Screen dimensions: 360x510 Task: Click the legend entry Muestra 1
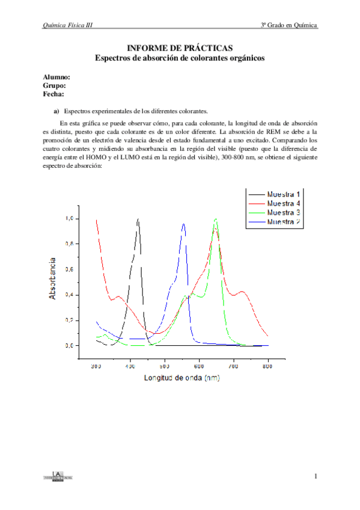(x=284, y=194)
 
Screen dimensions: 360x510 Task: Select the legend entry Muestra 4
(x=284, y=203)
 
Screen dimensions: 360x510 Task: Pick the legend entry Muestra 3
(x=284, y=213)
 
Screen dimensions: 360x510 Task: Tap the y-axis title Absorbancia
(x=53, y=278)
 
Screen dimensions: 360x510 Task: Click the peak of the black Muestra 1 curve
(x=138, y=220)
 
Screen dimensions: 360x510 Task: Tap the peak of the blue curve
(x=183, y=224)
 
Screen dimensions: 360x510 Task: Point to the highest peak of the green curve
(x=215, y=220)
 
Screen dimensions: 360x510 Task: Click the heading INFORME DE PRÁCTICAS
(x=180, y=48)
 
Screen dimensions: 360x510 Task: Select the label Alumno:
(x=57, y=78)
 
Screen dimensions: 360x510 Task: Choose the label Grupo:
(x=55, y=86)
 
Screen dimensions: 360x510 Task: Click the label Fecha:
(x=54, y=94)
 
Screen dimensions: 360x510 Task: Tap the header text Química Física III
(x=67, y=25)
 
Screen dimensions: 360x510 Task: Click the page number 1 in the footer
(x=315, y=477)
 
